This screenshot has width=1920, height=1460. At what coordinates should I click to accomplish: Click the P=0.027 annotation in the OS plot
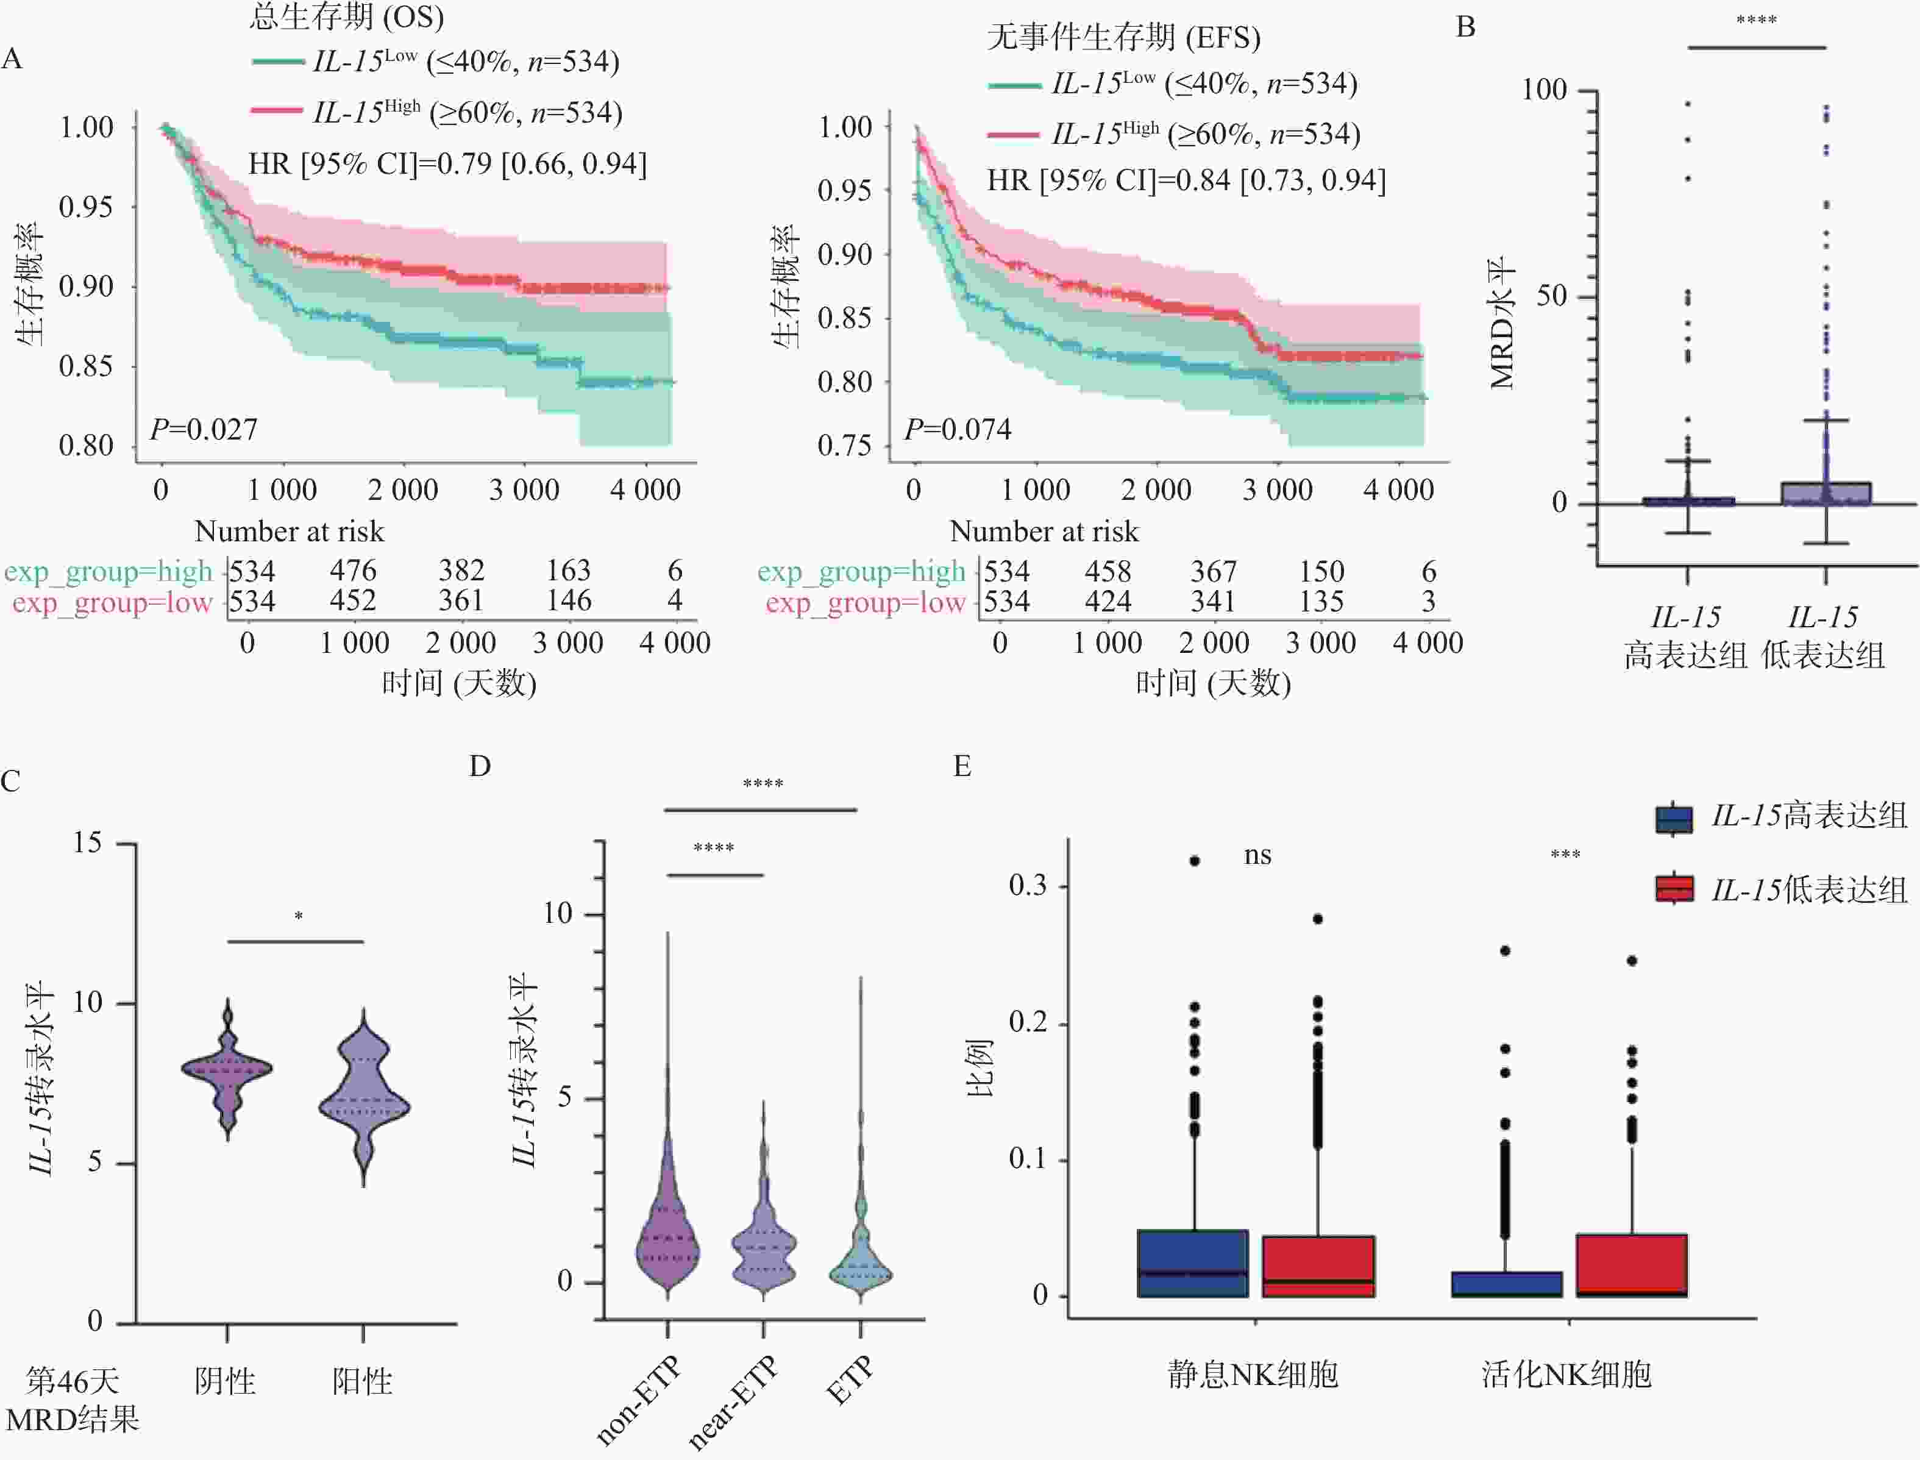tap(204, 429)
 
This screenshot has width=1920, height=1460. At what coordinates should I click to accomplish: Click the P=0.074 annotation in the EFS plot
tap(958, 429)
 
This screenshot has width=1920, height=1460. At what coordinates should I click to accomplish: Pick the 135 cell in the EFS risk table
tap(1321, 602)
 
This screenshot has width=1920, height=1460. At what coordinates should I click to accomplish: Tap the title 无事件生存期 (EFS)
tap(1123, 37)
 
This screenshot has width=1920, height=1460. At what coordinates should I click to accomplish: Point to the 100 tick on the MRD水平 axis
tap(1544, 90)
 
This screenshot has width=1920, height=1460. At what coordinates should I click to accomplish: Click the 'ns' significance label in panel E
tap(1257, 856)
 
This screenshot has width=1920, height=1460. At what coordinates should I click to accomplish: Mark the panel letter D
tap(480, 766)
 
